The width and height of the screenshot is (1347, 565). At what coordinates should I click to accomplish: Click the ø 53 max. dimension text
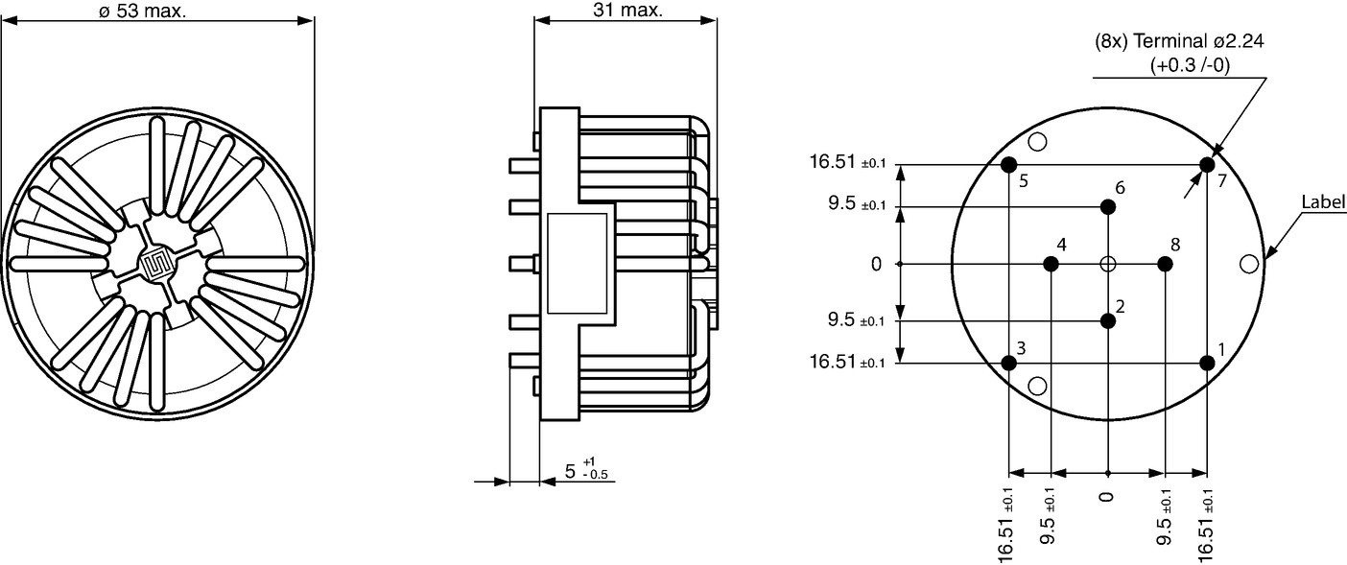click(143, 11)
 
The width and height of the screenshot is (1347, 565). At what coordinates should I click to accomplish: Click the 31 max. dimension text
click(627, 10)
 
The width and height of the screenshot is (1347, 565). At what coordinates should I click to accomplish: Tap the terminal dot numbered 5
click(1008, 165)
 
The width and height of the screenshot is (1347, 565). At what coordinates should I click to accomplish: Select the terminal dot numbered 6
click(1108, 207)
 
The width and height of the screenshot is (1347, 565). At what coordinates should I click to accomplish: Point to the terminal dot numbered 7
click(1207, 165)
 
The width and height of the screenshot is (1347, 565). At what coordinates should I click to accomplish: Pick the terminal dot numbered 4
click(1051, 264)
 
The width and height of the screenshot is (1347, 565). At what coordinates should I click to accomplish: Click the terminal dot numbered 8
click(1165, 264)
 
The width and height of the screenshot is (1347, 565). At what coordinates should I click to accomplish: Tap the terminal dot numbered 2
click(1108, 321)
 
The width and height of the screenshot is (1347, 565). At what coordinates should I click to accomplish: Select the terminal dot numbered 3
click(1008, 363)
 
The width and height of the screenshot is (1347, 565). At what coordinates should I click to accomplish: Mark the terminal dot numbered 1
click(1207, 363)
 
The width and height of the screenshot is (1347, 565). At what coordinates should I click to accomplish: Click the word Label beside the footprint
click(1323, 202)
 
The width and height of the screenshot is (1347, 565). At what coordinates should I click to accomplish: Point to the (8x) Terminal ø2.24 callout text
click(1179, 41)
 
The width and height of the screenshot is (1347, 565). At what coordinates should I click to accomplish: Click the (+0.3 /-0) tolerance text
click(1190, 65)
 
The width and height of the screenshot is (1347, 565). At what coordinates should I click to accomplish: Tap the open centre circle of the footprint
click(1108, 264)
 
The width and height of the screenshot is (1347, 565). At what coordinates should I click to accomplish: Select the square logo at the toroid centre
click(156, 264)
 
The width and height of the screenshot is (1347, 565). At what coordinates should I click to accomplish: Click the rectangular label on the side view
click(577, 263)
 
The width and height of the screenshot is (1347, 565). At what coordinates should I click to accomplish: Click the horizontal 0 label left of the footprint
click(876, 264)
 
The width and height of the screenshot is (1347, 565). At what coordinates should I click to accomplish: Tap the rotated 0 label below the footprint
click(1106, 497)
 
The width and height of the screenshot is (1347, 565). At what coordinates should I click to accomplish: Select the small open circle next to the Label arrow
click(1249, 264)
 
